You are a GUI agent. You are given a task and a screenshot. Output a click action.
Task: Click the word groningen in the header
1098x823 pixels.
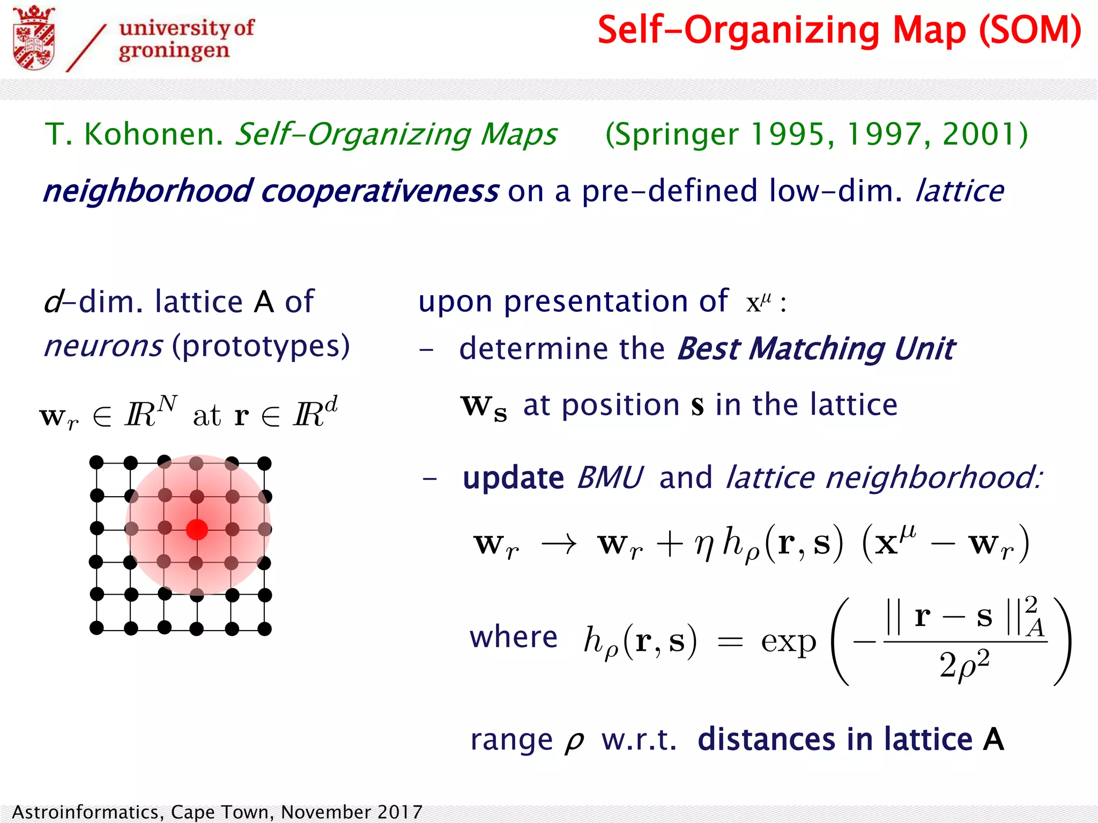(x=174, y=51)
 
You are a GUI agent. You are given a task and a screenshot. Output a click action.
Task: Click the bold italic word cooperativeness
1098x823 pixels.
(x=380, y=191)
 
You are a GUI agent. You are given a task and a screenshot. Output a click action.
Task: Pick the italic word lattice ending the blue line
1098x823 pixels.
(x=960, y=191)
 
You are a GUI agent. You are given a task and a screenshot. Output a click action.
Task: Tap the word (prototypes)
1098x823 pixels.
(x=261, y=346)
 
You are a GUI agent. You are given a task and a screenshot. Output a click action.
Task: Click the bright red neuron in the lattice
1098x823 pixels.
(x=197, y=529)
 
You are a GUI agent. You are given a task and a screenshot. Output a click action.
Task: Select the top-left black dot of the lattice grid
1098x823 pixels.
(x=97, y=462)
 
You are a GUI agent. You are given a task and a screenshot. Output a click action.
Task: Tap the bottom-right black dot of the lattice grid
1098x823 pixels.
(x=264, y=629)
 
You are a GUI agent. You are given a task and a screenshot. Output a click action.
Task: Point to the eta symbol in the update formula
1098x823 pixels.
(x=703, y=545)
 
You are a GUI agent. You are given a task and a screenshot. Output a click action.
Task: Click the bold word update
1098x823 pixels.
(x=513, y=478)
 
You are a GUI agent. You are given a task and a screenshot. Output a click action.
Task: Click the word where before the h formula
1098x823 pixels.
(x=513, y=638)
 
